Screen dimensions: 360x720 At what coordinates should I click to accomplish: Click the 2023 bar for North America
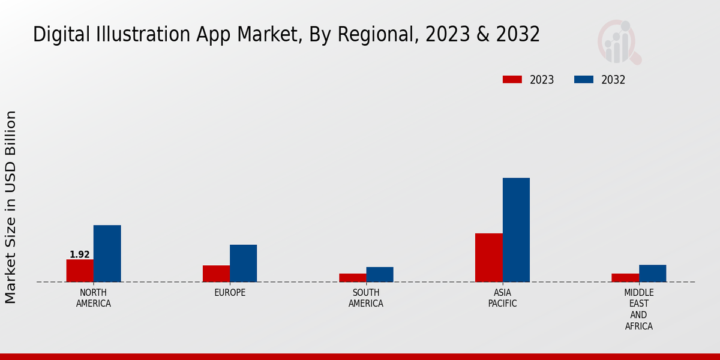80,271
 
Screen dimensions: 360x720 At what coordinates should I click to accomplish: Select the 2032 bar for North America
107,253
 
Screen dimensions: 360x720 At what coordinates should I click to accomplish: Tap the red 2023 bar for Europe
216,274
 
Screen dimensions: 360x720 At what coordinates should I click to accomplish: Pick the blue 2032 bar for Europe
243,263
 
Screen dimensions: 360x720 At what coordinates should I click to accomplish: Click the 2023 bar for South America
352,278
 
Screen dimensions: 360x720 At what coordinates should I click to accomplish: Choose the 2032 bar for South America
380,274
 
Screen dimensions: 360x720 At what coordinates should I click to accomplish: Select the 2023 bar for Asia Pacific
488,257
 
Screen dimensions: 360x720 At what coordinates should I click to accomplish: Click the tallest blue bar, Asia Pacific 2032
516,230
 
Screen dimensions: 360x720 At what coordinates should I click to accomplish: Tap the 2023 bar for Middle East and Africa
625,278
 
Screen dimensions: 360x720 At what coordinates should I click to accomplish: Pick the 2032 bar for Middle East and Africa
652,273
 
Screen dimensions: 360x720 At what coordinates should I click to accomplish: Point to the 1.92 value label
80,254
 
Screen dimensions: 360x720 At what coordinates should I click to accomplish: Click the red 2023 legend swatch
512,80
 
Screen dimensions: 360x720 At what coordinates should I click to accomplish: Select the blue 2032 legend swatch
584,80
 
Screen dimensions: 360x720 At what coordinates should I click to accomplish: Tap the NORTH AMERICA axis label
94,298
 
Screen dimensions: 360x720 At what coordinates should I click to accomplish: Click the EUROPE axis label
230,293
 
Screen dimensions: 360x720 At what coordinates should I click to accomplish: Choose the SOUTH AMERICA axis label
366,298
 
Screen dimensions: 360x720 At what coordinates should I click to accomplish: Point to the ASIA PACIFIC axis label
502,298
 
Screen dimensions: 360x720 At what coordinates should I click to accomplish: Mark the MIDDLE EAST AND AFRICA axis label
638,310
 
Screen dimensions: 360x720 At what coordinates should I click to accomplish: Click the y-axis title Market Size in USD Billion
11,207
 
